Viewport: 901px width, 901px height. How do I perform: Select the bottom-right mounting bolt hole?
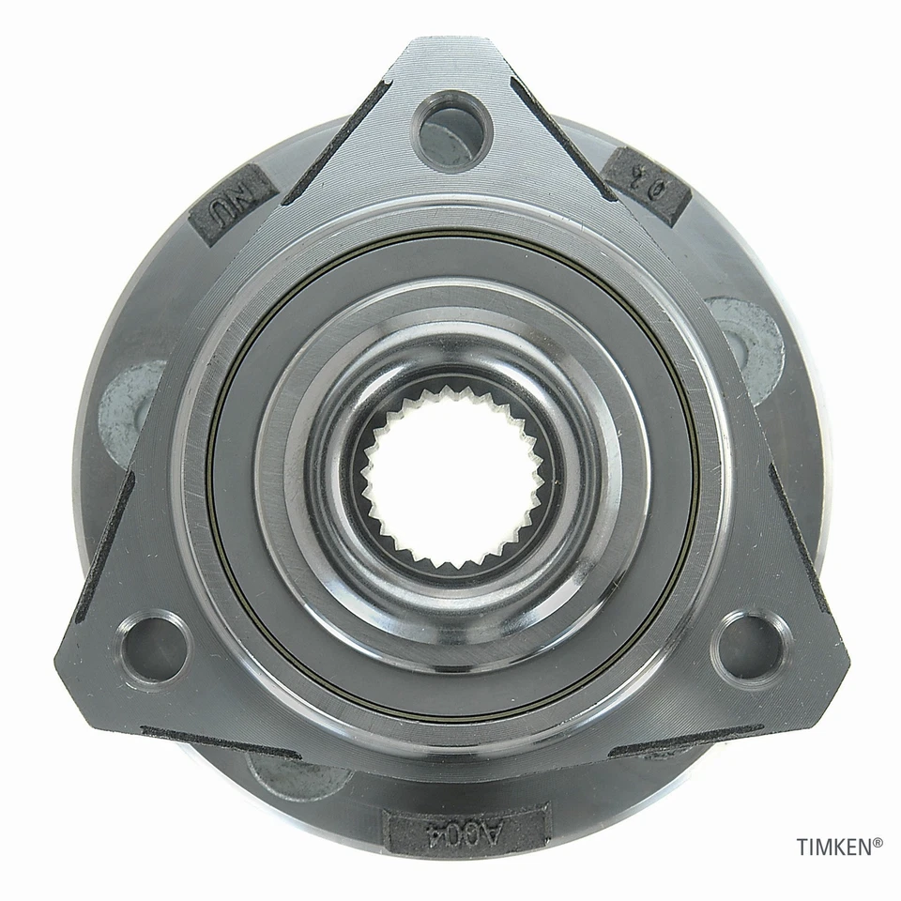pos(750,647)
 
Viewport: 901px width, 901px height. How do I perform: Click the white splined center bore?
pos(453,478)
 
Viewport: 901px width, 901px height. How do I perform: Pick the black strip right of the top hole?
pos(562,138)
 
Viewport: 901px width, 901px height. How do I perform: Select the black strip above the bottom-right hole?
pos(797,534)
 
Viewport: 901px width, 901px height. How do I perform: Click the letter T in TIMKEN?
pos(802,848)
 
